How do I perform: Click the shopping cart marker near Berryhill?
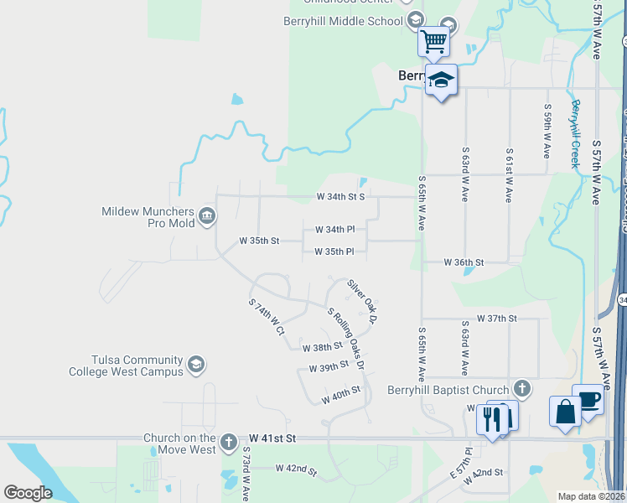click(x=434, y=40)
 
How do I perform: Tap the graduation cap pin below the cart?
click(x=441, y=80)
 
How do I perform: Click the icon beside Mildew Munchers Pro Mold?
click(x=207, y=218)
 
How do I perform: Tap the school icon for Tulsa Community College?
click(x=196, y=365)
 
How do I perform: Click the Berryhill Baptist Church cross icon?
click(x=522, y=389)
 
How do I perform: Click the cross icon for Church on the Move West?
click(x=230, y=442)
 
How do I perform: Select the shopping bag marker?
click(x=565, y=412)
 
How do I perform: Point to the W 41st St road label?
click(x=273, y=438)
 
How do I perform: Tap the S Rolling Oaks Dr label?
click(x=346, y=338)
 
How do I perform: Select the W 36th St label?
click(x=464, y=262)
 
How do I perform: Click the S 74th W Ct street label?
click(x=267, y=316)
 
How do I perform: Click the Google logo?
click(x=28, y=493)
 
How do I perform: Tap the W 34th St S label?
click(x=340, y=197)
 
